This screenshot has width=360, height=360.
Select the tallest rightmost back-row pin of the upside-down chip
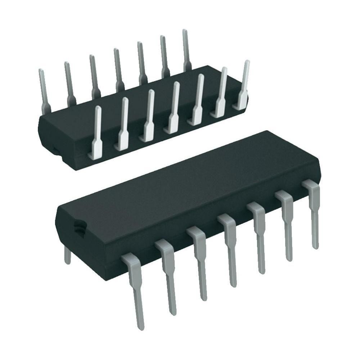pos(186,50)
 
